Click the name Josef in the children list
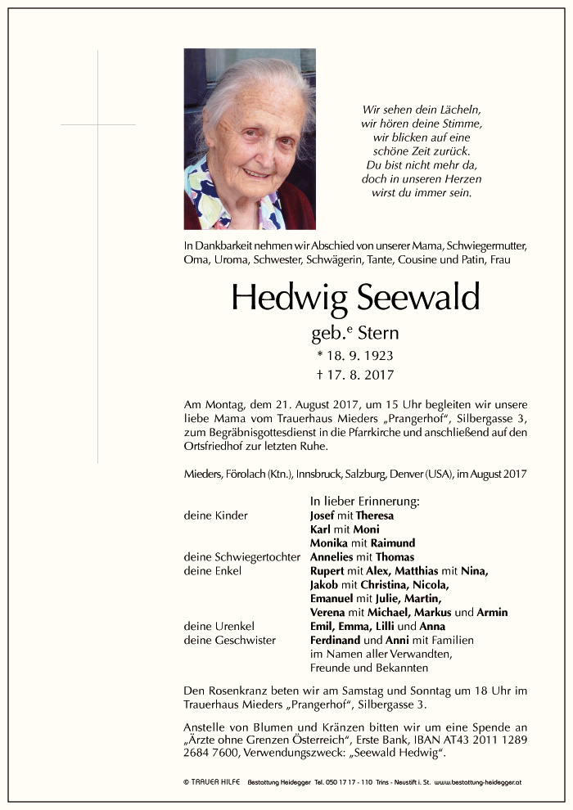(323, 515)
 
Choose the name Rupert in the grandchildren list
(327, 571)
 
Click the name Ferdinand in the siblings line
(336, 641)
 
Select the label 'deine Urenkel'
(214, 627)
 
